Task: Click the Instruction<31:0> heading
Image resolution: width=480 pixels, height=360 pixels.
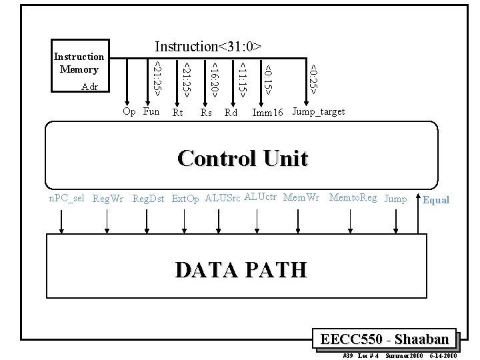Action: [208, 46]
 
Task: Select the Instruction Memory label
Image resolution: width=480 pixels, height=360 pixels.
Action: [79, 63]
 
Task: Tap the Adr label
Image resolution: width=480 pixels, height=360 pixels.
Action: [89, 87]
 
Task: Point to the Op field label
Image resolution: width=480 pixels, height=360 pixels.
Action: [130, 111]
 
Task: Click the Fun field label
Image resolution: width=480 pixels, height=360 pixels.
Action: [151, 111]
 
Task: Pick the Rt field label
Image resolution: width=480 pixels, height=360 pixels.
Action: [177, 113]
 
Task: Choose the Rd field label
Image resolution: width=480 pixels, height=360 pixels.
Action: [231, 113]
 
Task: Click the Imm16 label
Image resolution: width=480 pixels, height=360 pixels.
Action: [267, 113]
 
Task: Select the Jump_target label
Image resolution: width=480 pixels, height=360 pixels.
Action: [319, 111]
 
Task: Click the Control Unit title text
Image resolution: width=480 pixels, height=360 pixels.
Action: [243, 159]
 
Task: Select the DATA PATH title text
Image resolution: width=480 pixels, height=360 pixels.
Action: [241, 269]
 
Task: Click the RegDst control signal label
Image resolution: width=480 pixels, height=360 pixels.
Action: [149, 198]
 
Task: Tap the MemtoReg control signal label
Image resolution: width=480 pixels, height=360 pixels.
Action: [353, 197]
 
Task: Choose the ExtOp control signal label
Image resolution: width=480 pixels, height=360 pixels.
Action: [185, 198]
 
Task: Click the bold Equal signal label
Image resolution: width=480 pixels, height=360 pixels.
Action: [437, 200]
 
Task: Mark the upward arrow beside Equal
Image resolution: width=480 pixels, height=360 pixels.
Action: [419, 213]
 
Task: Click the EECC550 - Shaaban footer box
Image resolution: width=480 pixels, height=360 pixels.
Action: [389, 339]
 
